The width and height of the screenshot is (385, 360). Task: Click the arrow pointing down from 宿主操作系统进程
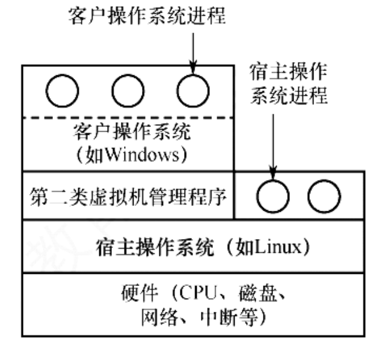tap(273, 144)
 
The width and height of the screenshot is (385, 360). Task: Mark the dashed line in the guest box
tap(128, 117)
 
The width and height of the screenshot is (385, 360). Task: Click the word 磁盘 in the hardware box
tap(260, 296)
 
